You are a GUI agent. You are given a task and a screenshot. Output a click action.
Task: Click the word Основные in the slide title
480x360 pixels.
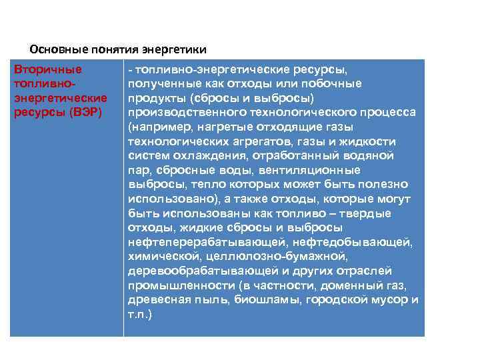[x=55, y=50]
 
